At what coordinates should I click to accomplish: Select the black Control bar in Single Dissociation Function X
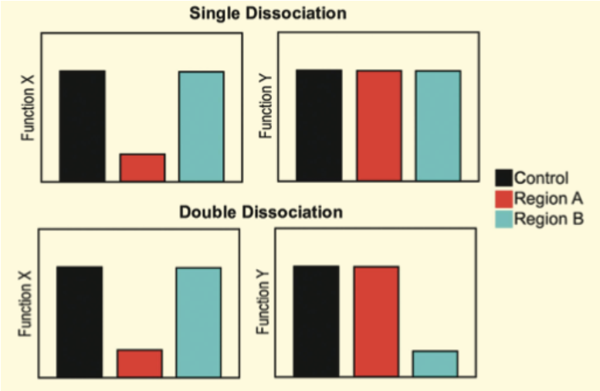pyautogui.click(x=82, y=126)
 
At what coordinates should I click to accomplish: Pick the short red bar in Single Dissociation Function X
pyautogui.click(x=142, y=168)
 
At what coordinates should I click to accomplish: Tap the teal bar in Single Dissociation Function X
pyautogui.click(x=202, y=127)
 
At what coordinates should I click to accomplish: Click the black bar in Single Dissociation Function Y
pyautogui.click(x=318, y=125)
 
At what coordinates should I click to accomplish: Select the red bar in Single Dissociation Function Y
pyautogui.click(x=378, y=126)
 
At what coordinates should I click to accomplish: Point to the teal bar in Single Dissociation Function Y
pyautogui.click(x=438, y=126)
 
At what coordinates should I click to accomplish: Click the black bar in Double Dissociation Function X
pyautogui.click(x=79, y=321)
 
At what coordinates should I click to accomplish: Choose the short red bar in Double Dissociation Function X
pyautogui.click(x=139, y=363)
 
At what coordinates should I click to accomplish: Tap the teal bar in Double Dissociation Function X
pyautogui.click(x=198, y=322)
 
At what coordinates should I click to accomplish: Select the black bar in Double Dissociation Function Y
pyautogui.click(x=316, y=321)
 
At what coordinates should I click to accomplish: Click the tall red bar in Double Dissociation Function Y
pyautogui.click(x=376, y=321)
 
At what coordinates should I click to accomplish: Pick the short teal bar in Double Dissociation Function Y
pyautogui.click(x=435, y=363)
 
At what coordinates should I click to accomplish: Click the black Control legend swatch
pyautogui.click(x=503, y=177)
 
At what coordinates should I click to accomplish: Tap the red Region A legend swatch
pyautogui.click(x=503, y=198)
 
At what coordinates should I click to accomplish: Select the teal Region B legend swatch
pyautogui.click(x=503, y=219)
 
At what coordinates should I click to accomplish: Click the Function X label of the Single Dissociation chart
pyautogui.click(x=29, y=113)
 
